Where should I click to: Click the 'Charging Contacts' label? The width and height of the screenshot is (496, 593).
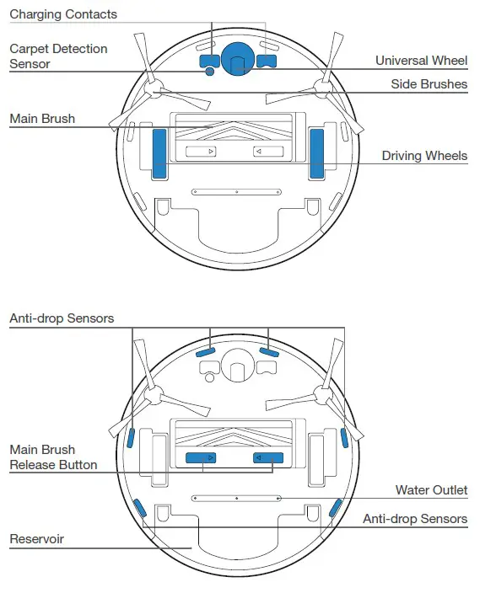pyautogui.click(x=63, y=14)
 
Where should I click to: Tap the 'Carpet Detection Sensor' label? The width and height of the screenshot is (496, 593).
pyautogui.click(x=58, y=56)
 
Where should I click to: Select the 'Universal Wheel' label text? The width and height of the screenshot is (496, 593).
pyautogui.click(x=421, y=61)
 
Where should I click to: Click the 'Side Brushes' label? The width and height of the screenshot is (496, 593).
pyautogui.click(x=429, y=84)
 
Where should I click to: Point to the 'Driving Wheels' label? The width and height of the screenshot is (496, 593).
pyautogui.click(x=423, y=156)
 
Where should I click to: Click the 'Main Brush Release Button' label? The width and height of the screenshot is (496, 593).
pyautogui.click(x=53, y=457)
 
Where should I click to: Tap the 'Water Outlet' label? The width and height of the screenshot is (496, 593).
pyautogui.click(x=431, y=490)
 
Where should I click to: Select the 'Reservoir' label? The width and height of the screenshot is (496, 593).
pyautogui.click(x=36, y=538)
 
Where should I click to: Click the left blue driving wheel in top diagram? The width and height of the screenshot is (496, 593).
pyautogui.click(x=159, y=153)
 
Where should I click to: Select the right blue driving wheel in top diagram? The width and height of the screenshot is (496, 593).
pyautogui.click(x=316, y=153)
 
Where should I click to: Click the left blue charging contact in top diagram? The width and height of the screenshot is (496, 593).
pyautogui.click(x=208, y=60)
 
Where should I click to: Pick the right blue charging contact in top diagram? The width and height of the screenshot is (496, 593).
pyautogui.click(x=267, y=60)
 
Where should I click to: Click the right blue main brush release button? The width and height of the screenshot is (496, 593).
pyautogui.click(x=268, y=457)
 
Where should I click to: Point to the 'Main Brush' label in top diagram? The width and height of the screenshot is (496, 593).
pyautogui.click(x=42, y=119)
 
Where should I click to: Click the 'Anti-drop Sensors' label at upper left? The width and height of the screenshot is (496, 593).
pyautogui.click(x=62, y=318)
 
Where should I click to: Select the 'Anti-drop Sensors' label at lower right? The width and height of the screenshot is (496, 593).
pyautogui.click(x=414, y=519)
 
